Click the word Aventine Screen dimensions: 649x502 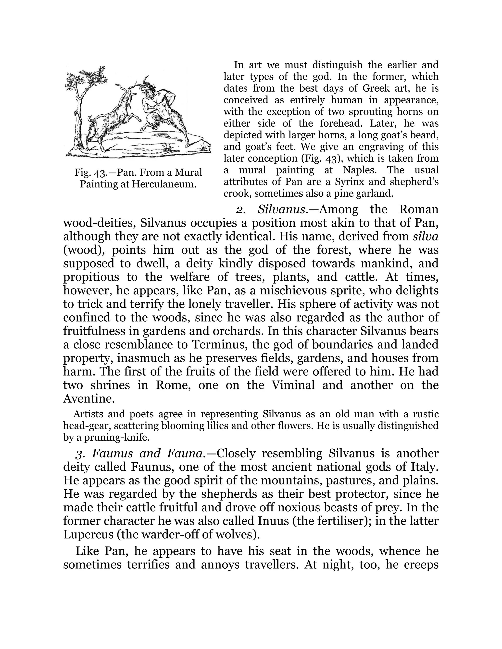pyautogui.click(x=89, y=398)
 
